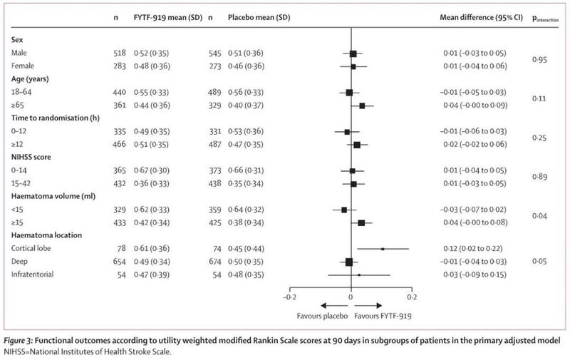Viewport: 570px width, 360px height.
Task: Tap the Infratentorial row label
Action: [35, 274]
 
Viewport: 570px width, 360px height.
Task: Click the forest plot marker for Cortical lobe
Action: [383, 249]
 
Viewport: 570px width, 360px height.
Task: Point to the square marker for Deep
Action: [349, 262]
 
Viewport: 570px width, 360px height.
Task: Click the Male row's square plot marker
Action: [353, 53]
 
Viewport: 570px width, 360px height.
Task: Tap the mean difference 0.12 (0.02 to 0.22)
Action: [472, 249]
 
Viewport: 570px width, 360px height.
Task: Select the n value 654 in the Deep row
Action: [120, 262]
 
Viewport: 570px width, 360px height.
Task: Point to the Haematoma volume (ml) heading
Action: [54, 196]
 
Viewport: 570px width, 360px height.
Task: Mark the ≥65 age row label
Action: [19, 106]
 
